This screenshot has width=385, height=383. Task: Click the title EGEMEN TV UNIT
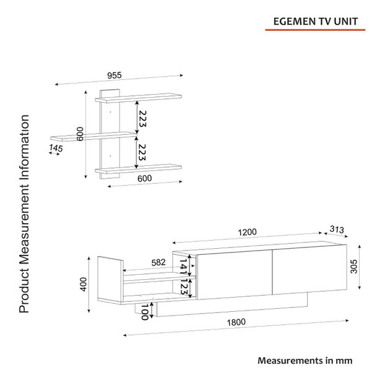tap(316, 22)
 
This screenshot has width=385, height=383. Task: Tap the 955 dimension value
tap(115, 75)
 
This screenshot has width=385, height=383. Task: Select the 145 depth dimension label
tap(56, 148)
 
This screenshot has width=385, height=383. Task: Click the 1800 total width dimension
tap(236, 322)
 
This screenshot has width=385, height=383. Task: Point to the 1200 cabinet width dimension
tap(247, 232)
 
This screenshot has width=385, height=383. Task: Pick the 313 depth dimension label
tap(337, 230)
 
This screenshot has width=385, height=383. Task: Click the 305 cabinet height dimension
tap(354, 267)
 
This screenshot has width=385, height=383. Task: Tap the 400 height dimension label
tap(84, 284)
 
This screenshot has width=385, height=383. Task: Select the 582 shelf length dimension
tap(158, 263)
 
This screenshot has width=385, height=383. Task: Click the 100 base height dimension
tap(145, 312)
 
